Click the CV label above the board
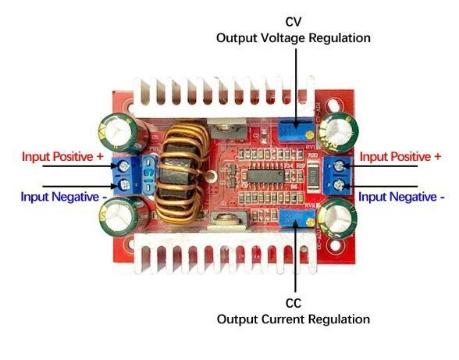294,22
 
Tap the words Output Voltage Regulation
294,38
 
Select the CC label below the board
294,303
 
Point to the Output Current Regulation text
294,319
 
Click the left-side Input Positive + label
62,156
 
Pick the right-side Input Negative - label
401,197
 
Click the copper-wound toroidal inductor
180,173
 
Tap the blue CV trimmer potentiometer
297,130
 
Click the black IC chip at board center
265,176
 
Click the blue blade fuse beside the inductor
149,174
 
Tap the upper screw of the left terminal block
123,166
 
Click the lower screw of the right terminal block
339,185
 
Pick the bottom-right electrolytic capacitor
337,218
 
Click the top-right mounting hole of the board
333,105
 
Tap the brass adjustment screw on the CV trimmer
308,135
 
